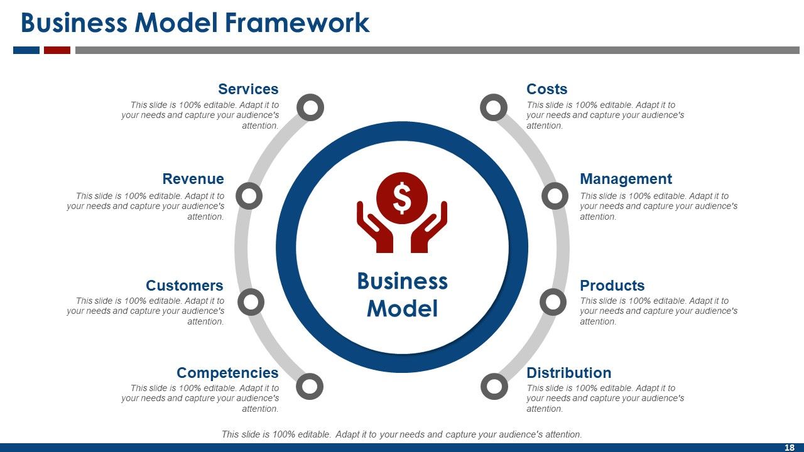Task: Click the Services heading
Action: [248, 89]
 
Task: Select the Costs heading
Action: [546, 89]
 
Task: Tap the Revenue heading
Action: [193, 179]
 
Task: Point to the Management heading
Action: [626, 179]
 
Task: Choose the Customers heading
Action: [184, 286]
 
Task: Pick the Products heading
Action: [612, 286]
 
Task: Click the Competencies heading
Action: [227, 373]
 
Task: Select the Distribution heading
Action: [568, 373]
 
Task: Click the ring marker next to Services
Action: [310, 108]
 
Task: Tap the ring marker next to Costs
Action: [494, 108]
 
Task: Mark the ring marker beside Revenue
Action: [249, 196]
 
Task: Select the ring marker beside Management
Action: [555, 196]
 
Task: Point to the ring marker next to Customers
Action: [251, 303]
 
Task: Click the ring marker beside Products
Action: [553, 303]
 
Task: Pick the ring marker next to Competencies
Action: [309, 386]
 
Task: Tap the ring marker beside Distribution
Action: [494, 386]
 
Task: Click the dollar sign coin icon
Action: [402, 198]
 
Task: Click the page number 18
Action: [790, 448]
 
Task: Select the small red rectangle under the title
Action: [57, 50]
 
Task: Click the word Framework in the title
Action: [297, 23]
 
